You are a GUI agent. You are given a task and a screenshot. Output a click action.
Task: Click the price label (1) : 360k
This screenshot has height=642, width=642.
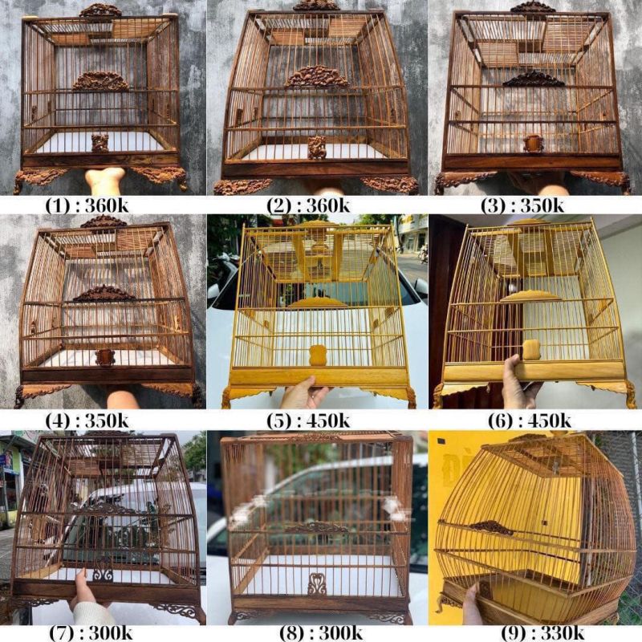(x=87, y=205)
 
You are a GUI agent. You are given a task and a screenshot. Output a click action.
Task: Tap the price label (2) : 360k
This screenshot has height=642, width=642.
(x=308, y=205)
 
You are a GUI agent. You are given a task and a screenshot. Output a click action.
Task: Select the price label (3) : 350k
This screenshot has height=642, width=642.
(x=522, y=205)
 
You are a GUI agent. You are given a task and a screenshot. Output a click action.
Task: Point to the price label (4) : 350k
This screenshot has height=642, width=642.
(x=87, y=421)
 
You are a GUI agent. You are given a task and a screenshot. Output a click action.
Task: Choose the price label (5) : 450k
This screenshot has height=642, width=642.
(x=308, y=421)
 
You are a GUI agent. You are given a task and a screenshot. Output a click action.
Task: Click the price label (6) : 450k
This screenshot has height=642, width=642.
(x=530, y=421)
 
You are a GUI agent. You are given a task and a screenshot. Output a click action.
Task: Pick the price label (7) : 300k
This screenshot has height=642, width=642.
(x=91, y=633)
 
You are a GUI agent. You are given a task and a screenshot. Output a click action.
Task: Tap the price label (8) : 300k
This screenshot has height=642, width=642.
(x=321, y=633)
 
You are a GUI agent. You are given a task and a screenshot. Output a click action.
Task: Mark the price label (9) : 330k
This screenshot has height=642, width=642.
(x=542, y=633)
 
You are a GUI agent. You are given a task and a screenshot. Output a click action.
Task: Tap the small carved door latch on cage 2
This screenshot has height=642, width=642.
(x=317, y=148)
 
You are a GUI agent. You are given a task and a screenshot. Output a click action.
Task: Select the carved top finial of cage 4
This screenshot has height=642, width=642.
(x=104, y=221)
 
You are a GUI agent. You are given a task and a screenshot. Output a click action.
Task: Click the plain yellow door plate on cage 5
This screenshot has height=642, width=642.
(x=317, y=355)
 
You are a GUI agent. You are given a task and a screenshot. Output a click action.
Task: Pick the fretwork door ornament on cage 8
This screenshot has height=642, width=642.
(x=317, y=584)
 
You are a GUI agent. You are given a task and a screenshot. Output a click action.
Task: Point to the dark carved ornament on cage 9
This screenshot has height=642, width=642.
(x=491, y=528)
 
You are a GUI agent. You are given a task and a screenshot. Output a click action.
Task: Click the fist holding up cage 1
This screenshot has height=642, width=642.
(x=104, y=180)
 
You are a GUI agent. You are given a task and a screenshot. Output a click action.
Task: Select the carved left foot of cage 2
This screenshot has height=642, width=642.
(x=242, y=186)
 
